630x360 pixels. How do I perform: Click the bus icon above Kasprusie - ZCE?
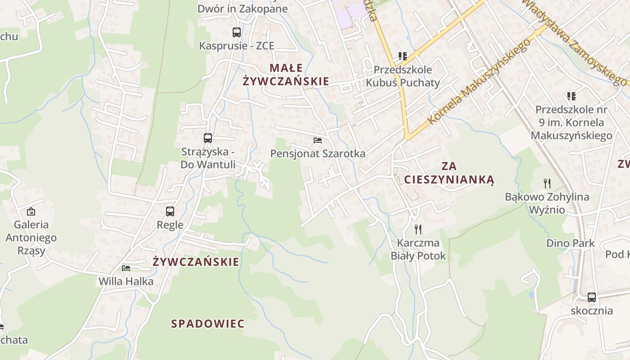click(x=237, y=32)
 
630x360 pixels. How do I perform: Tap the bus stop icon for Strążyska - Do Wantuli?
click(x=207, y=138)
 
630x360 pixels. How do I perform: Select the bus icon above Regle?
click(x=170, y=211)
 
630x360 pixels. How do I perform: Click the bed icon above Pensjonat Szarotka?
click(x=318, y=140)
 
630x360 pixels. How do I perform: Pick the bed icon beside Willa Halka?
click(x=126, y=268)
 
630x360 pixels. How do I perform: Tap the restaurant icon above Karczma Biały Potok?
click(x=418, y=229)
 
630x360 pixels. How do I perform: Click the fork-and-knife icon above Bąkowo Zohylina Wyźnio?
click(x=547, y=184)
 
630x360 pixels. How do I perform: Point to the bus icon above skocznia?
click(x=592, y=297)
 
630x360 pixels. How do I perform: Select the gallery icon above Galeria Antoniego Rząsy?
click(x=31, y=211)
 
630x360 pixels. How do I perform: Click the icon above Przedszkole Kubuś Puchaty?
click(x=402, y=56)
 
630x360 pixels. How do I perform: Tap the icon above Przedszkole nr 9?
click(x=571, y=96)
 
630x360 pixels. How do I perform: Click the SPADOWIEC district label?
click(x=208, y=324)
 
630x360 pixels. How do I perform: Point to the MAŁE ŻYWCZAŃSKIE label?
click(x=286, y=75)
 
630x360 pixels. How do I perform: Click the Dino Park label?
click(x=571, y=243)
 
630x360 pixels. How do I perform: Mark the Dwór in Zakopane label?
click(x=243, y=9)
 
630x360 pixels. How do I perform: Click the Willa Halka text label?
click(x=126, y=282)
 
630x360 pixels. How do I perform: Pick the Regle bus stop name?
click(x=170, y=225)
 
